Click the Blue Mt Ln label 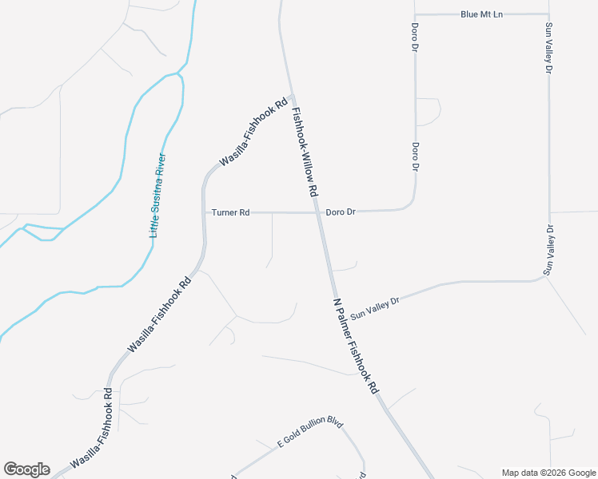(481, 14)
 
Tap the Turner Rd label (231, 212)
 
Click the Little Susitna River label (158, 196)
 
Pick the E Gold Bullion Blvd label (309, 433)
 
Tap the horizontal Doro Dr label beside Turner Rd (341, 212)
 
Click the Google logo (26, 469)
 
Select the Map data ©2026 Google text (548, 473)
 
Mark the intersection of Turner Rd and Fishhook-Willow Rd (317, 213)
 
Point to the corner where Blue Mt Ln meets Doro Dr (415, 14)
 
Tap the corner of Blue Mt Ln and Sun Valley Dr (548, 14)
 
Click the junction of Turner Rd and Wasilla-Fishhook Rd (203, 213)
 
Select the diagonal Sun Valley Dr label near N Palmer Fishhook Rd (374, 303)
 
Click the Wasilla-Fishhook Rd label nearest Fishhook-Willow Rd (253, 132)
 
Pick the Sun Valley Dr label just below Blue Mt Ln (548, 49)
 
